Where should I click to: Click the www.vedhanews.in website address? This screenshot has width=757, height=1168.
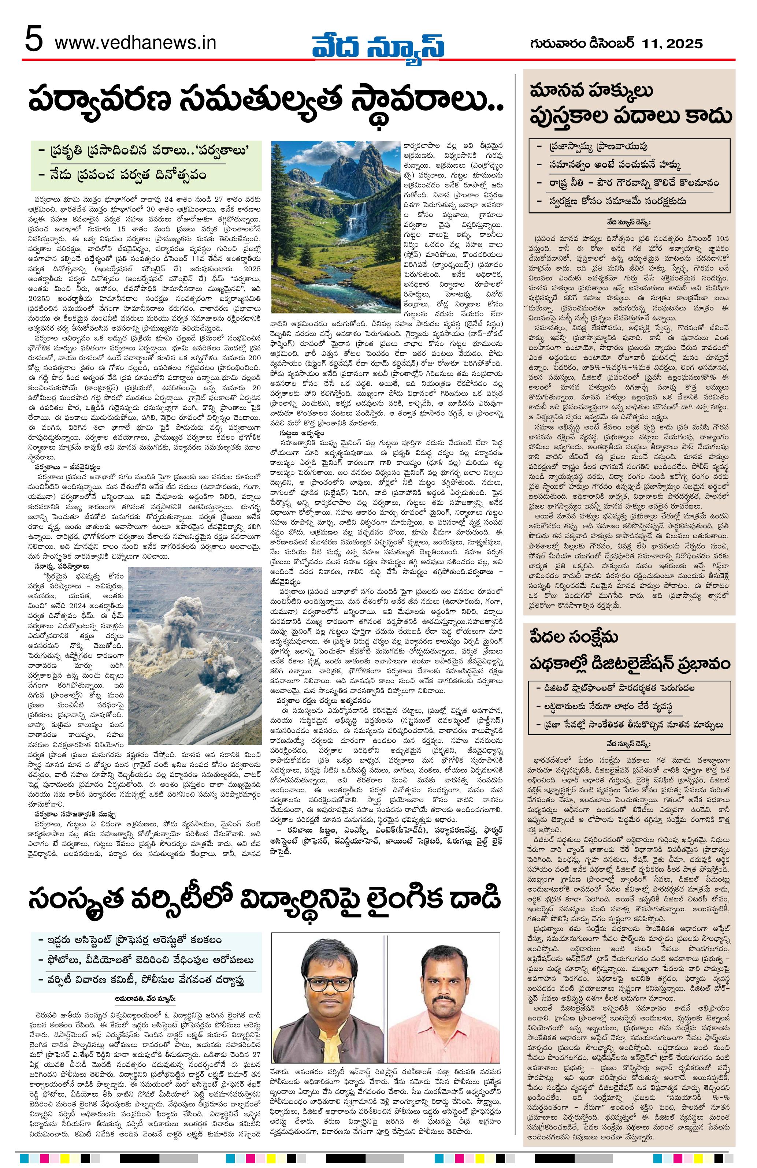coord(136,43)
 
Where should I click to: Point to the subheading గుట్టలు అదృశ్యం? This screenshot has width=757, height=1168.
coord(302,434)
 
